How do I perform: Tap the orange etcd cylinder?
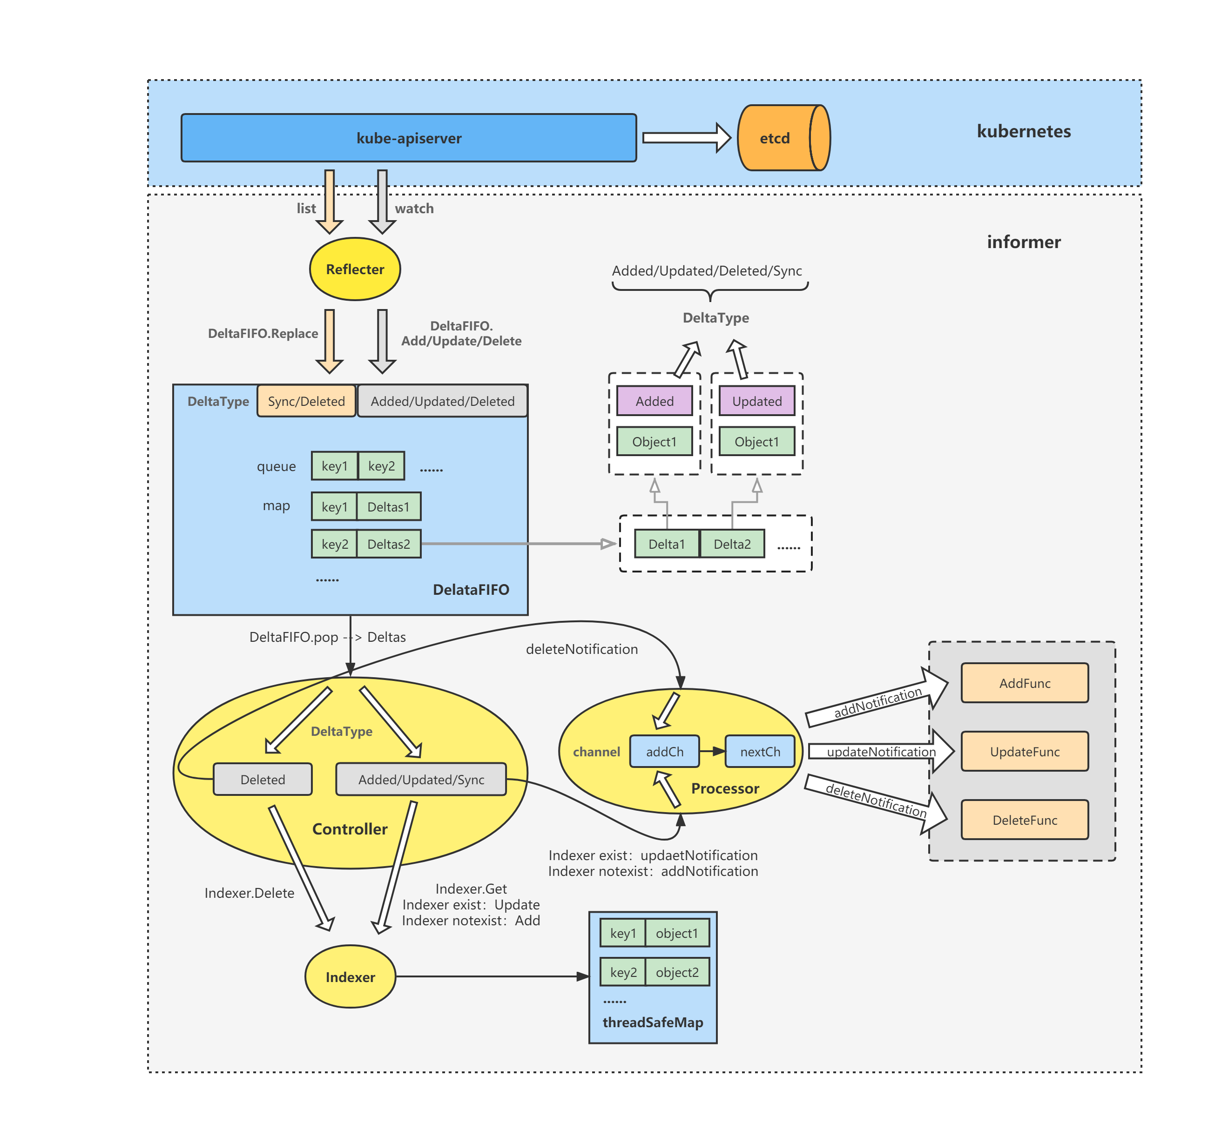pos(779,138)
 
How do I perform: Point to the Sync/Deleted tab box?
pos(306,401)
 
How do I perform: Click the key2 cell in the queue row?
pos(381,466)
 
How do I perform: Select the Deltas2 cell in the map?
pos(389,544)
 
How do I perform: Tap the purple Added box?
pos(654,401)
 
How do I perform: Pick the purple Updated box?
pos(756,401)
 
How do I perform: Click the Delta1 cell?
pos(666,544)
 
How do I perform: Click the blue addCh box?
pos(664,752)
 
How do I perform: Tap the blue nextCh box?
pos(760,752)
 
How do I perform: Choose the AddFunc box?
pos(1024,683)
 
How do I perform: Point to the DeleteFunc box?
pos(1024,820)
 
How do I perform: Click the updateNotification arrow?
pos(880,752)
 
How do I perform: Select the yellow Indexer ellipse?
pos(350,976)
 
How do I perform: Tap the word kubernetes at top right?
pos(1024,131)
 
